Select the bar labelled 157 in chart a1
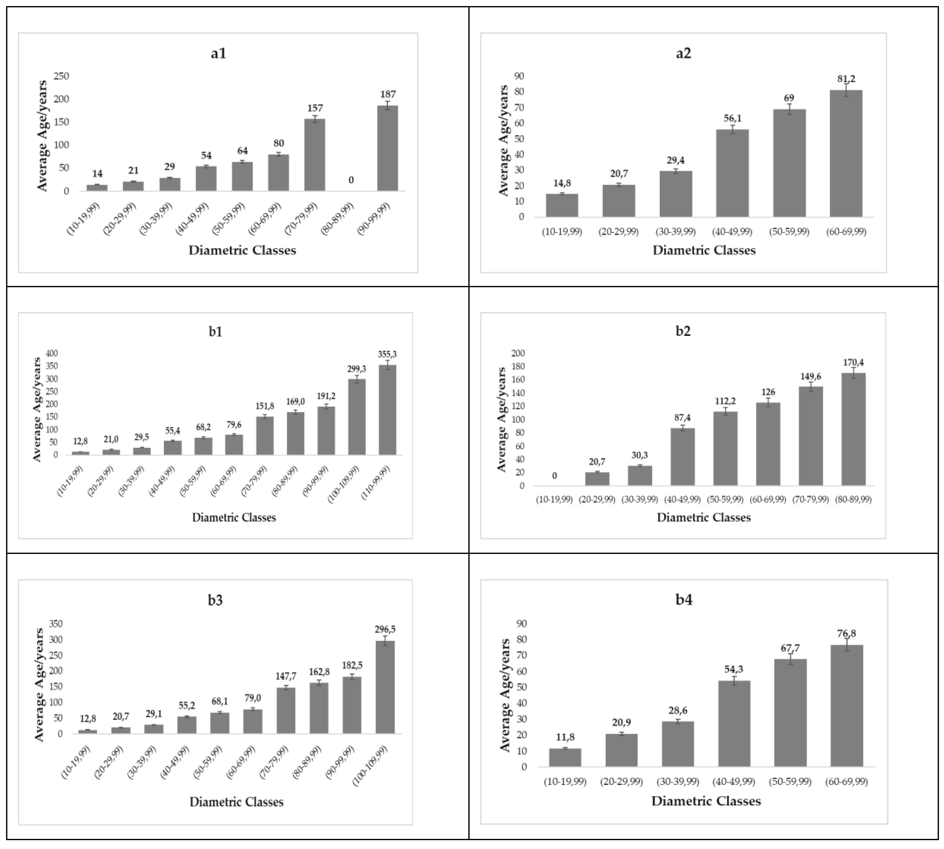(315, 155)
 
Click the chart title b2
(683, 331)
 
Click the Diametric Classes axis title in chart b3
(237, 802)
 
